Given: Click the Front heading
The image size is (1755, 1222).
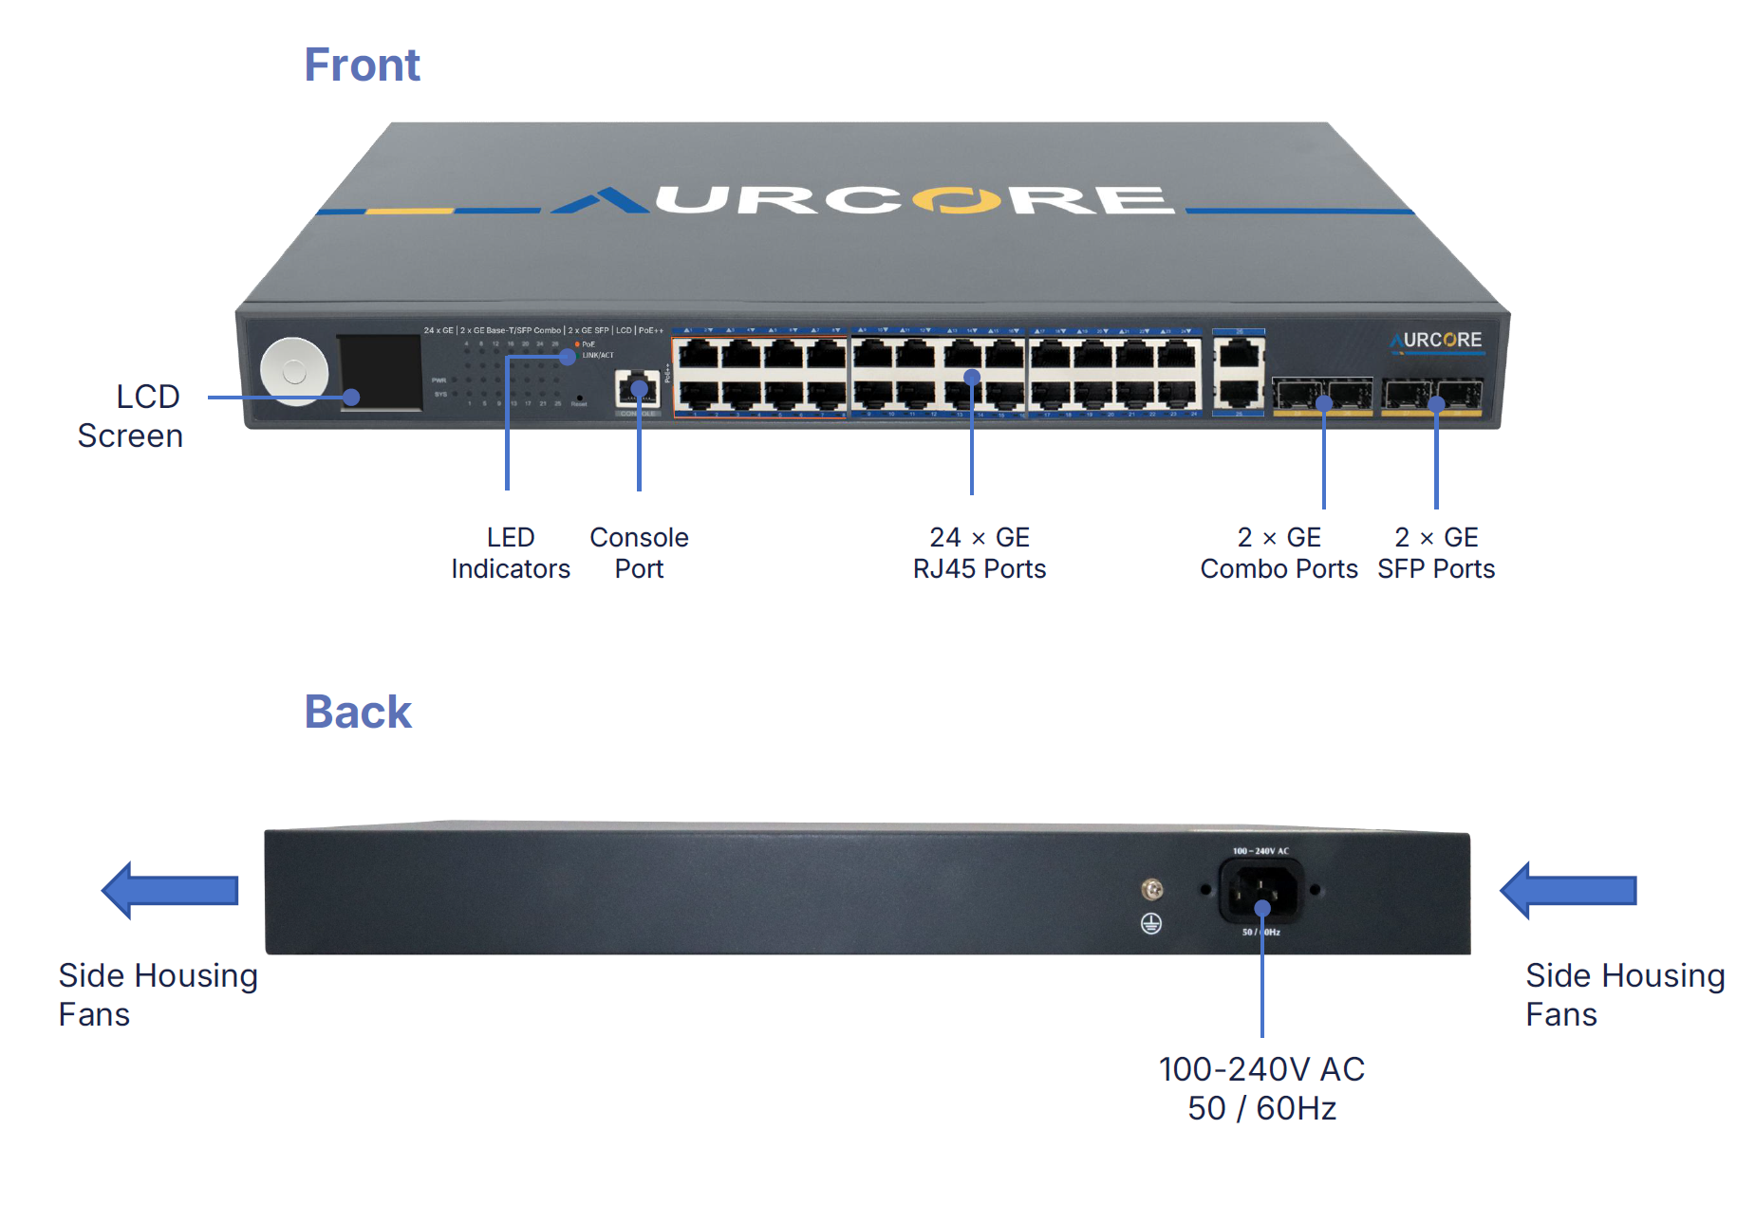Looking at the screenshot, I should [x=362, y=65].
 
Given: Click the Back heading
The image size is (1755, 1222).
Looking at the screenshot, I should [x=358, y=712].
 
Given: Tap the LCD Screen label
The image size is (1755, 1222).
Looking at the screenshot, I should [x=131, y=416].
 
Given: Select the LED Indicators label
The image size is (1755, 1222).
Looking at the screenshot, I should [x=511, y=553].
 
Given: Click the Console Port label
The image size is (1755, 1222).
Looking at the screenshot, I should [x=639, y=553].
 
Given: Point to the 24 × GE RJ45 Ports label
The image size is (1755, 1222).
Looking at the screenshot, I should [x=979, y=553].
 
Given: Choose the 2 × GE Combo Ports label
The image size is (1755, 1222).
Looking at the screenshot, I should [x=1279, y=553].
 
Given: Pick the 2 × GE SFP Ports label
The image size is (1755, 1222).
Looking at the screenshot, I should [x=1436, y=553].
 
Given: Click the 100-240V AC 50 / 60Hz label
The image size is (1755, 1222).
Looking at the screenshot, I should [x=1261, y=1088].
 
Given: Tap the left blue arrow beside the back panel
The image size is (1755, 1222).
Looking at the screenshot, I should [x=169, y=890].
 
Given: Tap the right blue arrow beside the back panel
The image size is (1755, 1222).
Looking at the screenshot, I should [x=1567, y=890].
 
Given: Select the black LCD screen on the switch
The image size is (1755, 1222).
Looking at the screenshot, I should [x=381, y=371].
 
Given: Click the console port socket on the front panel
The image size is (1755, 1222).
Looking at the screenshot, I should [x=638, y=389].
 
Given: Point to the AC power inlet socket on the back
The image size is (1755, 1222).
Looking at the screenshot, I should [x=1261, y=891].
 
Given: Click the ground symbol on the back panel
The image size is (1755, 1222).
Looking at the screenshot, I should [x=1151, y=923].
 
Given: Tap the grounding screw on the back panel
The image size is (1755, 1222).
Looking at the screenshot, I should [x=1152, y=889].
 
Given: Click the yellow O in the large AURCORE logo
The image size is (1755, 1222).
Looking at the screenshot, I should [x=957, y=200].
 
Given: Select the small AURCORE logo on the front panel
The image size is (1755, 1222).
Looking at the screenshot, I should [x=1437, y=341].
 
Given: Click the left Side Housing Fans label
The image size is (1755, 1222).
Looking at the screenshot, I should [x=158, y=994].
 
